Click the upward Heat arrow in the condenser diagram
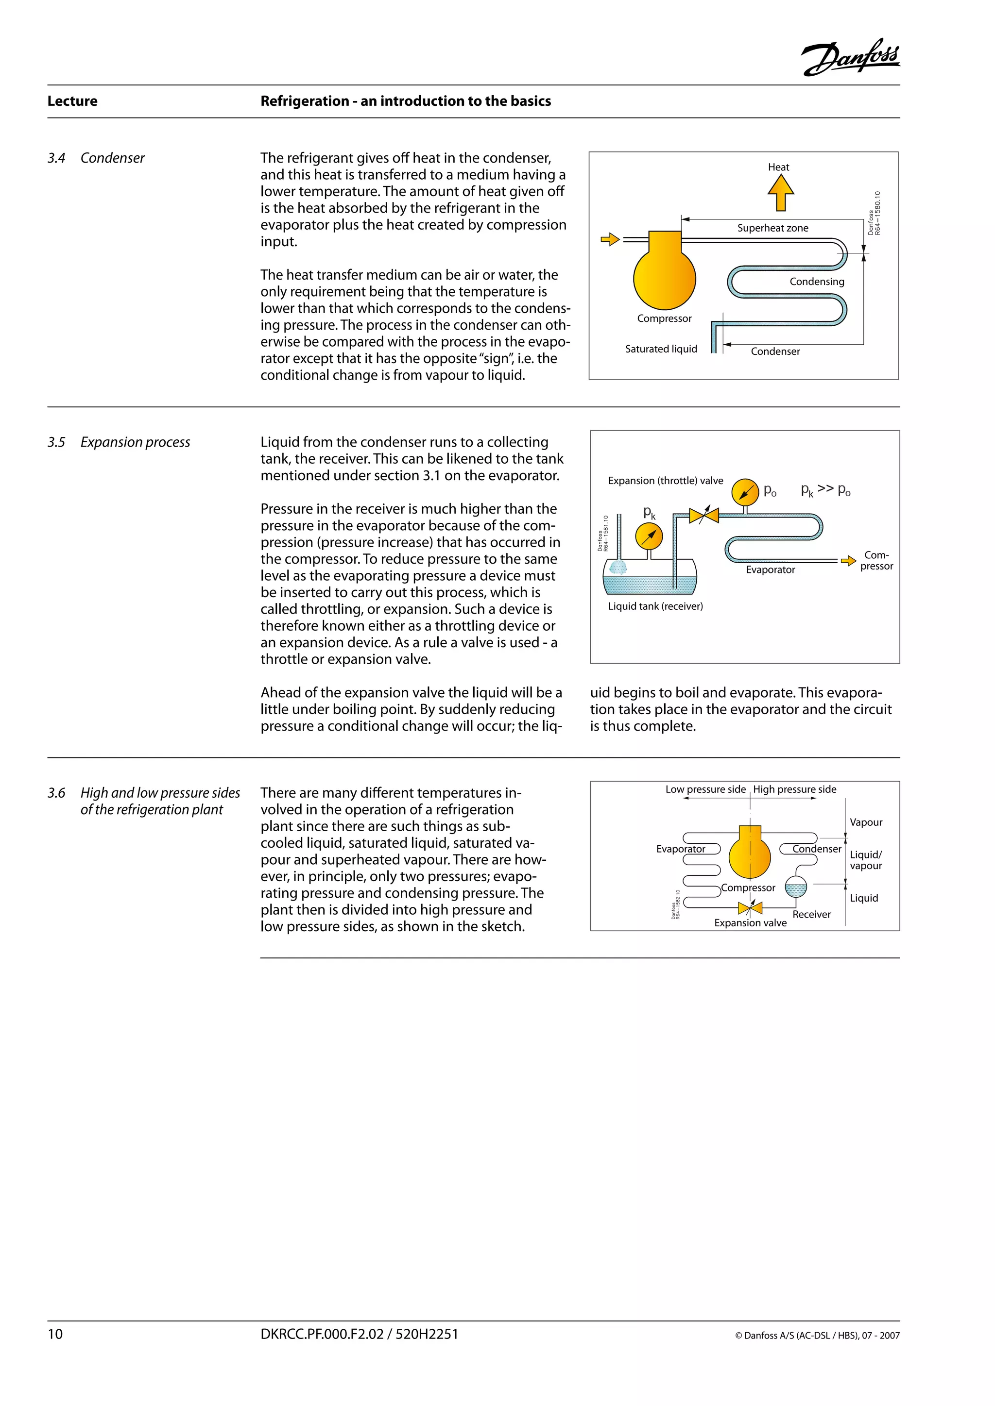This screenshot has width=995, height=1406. tap(781, 192)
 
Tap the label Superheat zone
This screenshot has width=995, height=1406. tap(772, 228)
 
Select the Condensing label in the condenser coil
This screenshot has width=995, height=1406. tap(816, 282)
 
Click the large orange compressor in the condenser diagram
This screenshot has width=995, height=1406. tap(664, 277)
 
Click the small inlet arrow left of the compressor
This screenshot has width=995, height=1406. tap(610, 239)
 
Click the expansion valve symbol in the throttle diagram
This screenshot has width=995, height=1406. tap(703, 516)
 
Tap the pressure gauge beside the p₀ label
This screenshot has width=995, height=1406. tap(745, 492)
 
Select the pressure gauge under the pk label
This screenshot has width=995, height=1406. tap(649, 537)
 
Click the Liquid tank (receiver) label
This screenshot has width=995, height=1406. tap(655, 606)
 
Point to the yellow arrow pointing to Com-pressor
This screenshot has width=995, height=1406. tap(848, 560)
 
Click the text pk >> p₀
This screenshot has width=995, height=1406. tap(825, 490)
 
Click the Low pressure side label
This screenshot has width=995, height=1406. tap(705, 789)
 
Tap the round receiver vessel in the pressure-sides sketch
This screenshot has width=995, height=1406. tap(795, 887)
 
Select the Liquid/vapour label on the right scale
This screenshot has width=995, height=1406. tap(865, 860)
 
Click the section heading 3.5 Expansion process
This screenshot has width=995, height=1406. tap(120, 442)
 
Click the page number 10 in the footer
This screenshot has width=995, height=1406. tap(55, 1334)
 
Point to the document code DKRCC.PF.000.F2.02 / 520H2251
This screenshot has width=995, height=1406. tap(359, 1334)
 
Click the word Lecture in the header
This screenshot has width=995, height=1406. tap(72, 101)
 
